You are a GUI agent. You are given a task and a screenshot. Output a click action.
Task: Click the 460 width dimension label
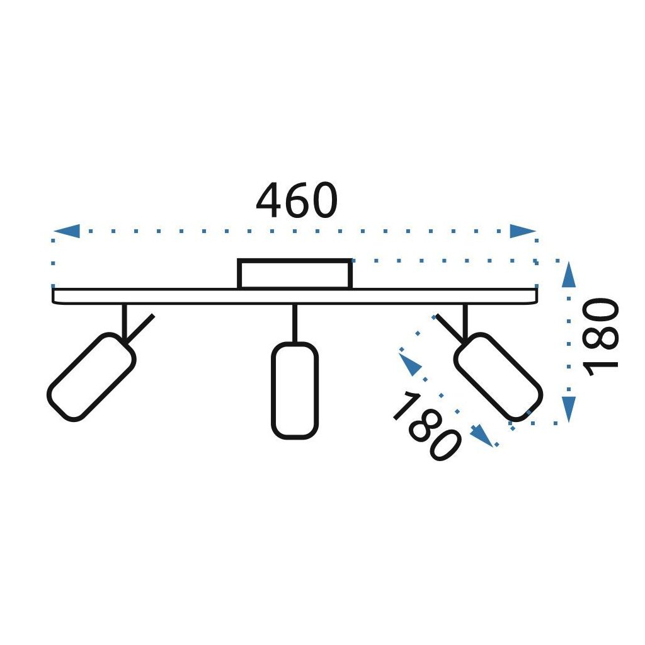[297, 201]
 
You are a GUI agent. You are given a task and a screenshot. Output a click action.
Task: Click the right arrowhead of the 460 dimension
[522, 231]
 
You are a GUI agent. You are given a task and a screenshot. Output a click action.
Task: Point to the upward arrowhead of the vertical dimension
[569, 275]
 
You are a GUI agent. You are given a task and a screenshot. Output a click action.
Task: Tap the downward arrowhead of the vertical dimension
[569, 409]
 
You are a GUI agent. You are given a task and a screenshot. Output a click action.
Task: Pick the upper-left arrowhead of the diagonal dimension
[411, 364]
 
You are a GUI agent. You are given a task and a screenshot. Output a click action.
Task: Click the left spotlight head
[91, 377]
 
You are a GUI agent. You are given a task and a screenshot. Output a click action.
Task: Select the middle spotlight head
[294, 390]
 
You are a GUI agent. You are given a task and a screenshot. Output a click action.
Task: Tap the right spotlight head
[498, 377]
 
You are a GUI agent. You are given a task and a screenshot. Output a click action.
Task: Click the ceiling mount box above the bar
[294, 275]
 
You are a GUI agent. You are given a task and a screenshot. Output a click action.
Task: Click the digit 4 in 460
[269, 201]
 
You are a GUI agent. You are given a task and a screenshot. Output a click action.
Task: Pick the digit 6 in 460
[297, 201]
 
